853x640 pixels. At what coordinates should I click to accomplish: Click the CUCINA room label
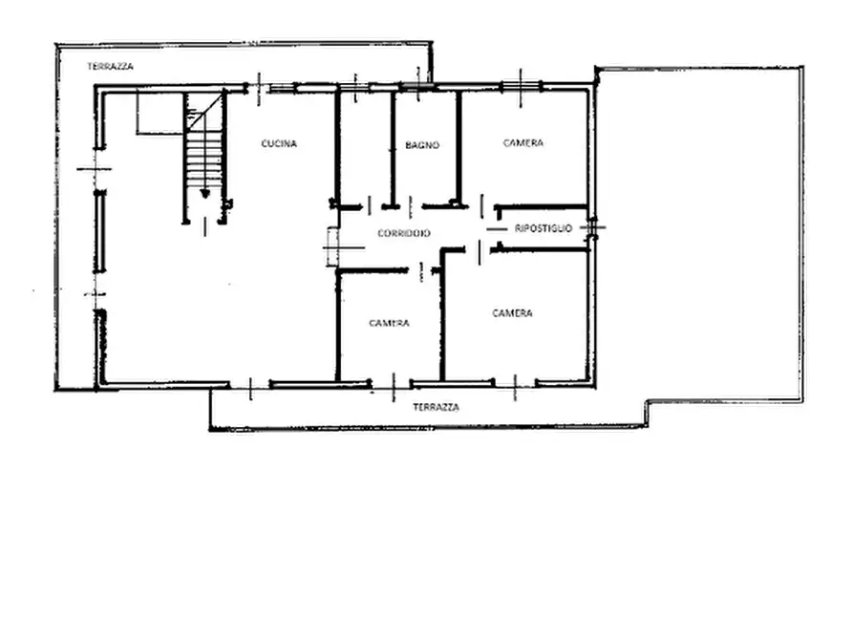click(279, 143)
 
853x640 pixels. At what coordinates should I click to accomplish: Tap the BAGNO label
click(422, 145)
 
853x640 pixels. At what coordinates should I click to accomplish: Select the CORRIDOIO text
click(404, 233)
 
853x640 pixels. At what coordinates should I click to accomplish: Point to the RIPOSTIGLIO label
click(544, 228)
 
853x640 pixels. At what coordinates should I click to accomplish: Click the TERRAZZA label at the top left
click(111, 67)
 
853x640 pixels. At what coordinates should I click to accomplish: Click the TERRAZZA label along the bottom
click(436, 407)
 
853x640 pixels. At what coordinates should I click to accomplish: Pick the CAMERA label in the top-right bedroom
click(523, 143)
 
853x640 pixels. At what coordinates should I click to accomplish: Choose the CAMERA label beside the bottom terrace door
click(389, 323)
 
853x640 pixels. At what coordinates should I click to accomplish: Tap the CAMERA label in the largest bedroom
click(512, 313)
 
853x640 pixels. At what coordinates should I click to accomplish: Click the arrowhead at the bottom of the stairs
click(204, 193)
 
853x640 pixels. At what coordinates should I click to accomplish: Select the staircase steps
click(204, 158)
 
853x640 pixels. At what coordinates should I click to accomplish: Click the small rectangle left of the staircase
click(159, 114)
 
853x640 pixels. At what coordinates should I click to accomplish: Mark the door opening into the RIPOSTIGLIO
click(497, 229)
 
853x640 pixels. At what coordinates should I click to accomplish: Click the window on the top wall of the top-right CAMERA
click(521, 86)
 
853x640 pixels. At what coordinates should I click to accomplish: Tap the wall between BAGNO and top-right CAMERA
click(458, 148)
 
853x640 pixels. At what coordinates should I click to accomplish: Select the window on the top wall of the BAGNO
click(417, 86)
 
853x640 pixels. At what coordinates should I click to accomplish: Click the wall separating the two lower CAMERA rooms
click(443, 315)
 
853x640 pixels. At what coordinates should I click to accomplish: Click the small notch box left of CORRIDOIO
click(332, 247)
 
